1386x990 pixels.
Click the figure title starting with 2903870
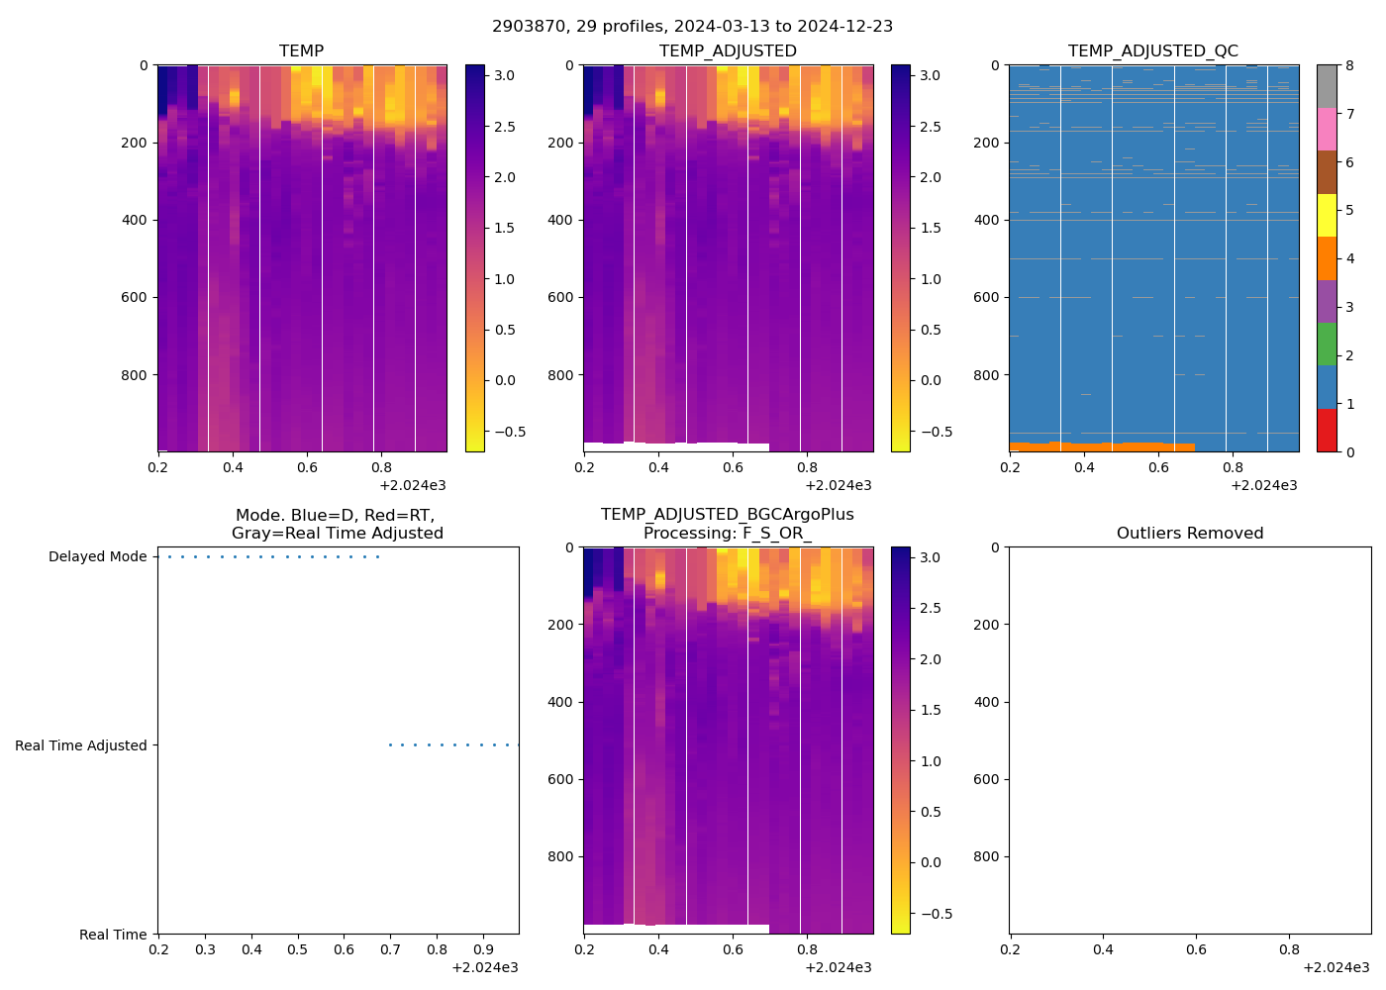[x=692, y=27]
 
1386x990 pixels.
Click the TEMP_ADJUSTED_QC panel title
[x=1152, y=50]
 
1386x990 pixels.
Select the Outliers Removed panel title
[x=1189, y=533]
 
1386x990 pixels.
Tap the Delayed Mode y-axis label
[x=97, y=556]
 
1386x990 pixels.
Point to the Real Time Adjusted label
[x=80, y=745]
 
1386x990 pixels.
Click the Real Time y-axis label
[x=113, y=935]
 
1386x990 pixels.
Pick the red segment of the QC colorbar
[x=1327, y=431]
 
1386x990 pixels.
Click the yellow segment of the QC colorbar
[x=1327, y=215]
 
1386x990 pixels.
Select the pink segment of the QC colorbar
[x=1327, y=129]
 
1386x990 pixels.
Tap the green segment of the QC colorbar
[x=1327, y=345]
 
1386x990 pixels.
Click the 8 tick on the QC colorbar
[x=1349, y=65]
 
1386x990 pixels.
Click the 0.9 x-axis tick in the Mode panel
[x=483, y=949]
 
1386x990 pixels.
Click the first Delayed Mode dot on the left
[x=169, y=556]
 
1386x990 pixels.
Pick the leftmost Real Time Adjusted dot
[x=390, y=744]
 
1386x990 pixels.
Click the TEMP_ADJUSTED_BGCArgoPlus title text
[x=727, y=515]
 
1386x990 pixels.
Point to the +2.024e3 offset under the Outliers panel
[x=1336, y=967]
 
